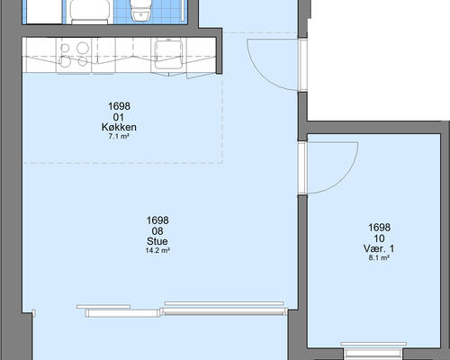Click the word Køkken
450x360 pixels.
(x=119, y=127)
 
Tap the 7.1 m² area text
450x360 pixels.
(x=119, y=137)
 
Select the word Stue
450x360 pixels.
(x=157, y=241)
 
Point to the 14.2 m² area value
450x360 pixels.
(x=157, y=250)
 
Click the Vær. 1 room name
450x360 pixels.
(x=379, y=248)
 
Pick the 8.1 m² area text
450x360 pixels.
(x=379, y=257)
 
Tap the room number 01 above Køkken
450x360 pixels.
(x=119, y=117)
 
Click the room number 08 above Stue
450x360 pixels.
(x=157, y=231)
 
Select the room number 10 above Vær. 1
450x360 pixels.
(x=379, y=238)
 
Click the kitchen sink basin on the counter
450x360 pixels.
(x=168, y=55)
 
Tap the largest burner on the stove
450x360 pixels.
(x=83, y=48)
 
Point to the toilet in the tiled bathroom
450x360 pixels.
(x=140, y=11)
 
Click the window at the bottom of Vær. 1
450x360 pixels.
(x=373, y=351)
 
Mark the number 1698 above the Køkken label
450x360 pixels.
(x=119, y=106)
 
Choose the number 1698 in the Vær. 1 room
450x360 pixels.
(x=379, y=228)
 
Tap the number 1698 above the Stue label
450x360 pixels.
(x=157, y=220)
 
